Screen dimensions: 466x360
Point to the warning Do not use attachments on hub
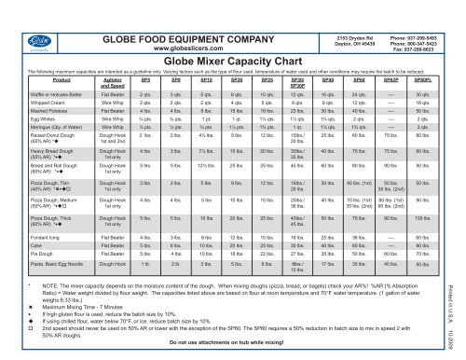(230, 343)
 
